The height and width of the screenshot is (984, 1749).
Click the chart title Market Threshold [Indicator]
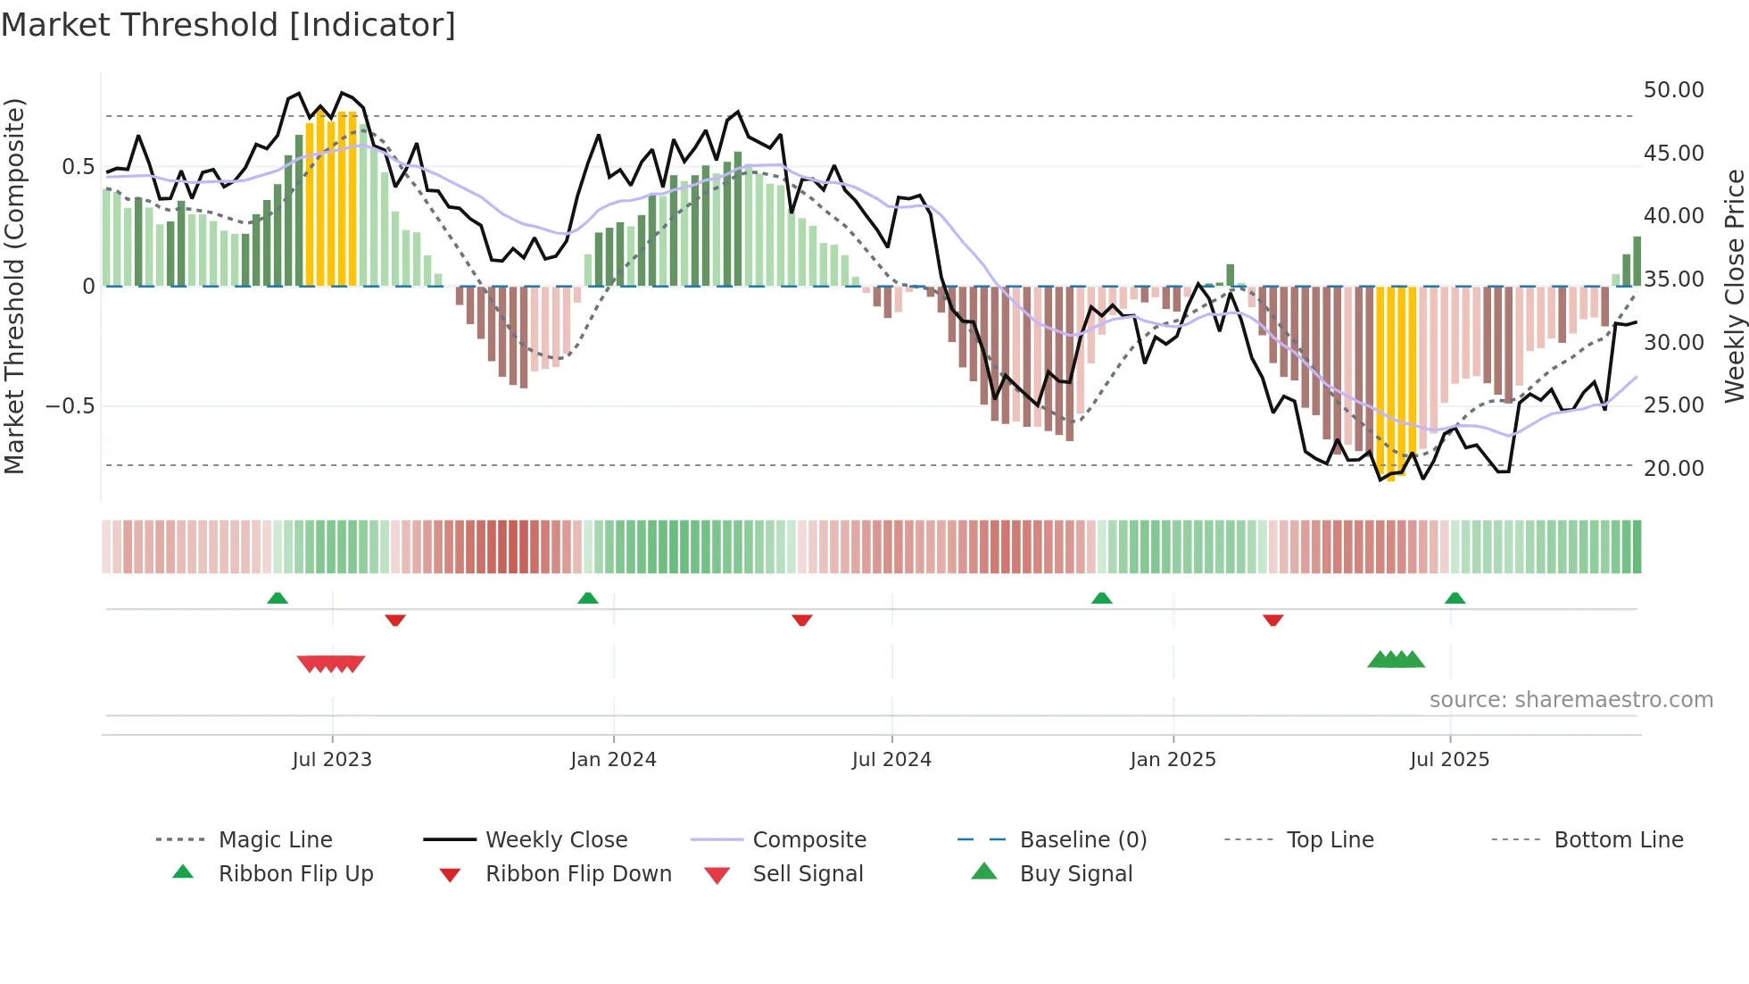point(228,25)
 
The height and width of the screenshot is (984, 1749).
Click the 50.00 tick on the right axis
point(1673,90)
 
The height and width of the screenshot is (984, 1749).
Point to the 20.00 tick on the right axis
point(1673,468)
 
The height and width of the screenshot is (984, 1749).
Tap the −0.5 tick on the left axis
point(70,406)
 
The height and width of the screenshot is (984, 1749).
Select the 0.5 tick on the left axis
point(78,167)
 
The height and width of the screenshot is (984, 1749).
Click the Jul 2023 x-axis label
point(332,760)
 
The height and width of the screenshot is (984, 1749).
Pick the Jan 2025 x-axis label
point(1173,760)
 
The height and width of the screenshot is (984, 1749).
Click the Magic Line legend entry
point(275,840)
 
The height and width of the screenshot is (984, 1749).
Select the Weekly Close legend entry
point(556,840)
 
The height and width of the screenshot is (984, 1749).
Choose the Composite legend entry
point(808,840)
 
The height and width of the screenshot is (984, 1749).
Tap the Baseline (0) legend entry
point(1082,840)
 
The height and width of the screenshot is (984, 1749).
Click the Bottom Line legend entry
point(1618,840)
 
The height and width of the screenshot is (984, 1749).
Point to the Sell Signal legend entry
point(807,874)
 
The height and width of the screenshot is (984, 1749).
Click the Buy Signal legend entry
point(1075,874)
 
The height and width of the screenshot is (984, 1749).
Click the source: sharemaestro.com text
point(1571,700)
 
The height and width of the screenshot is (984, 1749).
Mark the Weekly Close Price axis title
point(1734,286)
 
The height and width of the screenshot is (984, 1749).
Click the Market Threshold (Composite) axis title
point(14,286)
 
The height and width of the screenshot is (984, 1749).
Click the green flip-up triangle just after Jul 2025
point(1455,598)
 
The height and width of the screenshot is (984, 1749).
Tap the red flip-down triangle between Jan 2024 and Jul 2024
point(801,620)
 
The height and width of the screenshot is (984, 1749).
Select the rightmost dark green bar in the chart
point(1637,261)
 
